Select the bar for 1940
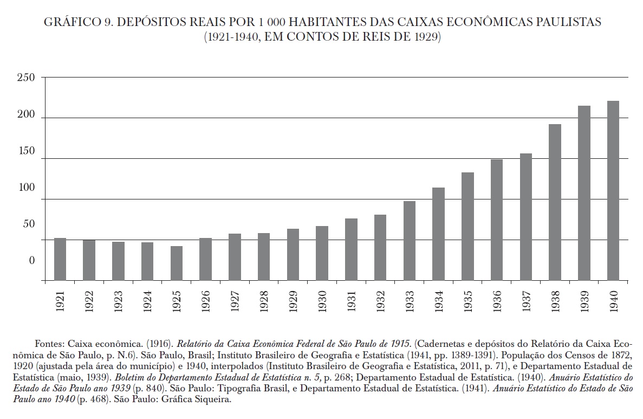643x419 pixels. click(613, 190)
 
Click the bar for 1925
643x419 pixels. click(177, 263)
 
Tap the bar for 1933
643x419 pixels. click(410, 241)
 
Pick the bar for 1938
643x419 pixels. click(555, 202)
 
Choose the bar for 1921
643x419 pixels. click(60, 259)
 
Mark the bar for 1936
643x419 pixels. click(497, 220)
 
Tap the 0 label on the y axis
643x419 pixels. click(31, 261)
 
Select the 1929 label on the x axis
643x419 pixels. click(293, 299)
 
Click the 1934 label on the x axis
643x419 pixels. click(439, 299)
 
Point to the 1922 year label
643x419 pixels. click(89, 299)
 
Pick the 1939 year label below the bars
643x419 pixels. click(584, 299)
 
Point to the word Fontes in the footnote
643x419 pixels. click(50, 344)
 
